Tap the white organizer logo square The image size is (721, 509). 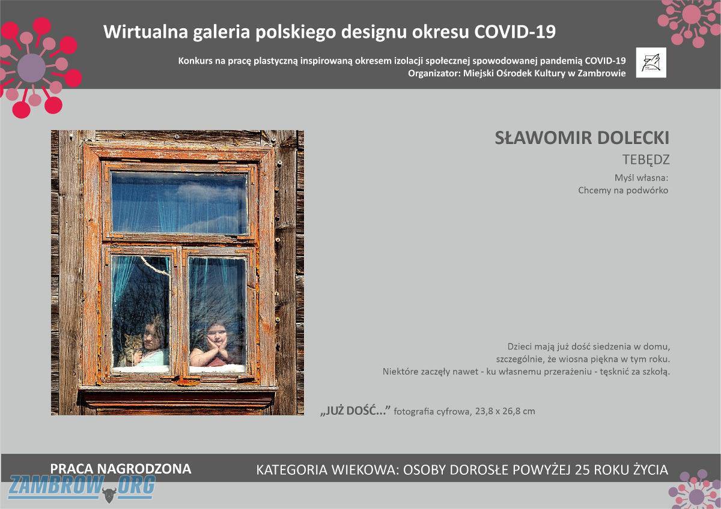click(651, 62)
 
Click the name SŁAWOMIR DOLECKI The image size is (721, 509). click(582, 138)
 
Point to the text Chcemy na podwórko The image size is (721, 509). click(623, 190)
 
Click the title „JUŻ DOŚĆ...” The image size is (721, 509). click(355, 411)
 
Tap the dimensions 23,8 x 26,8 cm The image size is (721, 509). click(505, 411)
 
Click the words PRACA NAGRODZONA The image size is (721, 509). click(121, 469)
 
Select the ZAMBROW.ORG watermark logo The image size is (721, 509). click(82, 487)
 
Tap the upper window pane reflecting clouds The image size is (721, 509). click(179, 203)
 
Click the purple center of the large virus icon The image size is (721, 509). click(31, 68)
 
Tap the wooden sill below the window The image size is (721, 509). click(178, 398)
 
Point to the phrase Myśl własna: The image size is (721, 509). click(641, 178)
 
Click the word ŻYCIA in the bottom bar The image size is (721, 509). click(650, 470)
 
